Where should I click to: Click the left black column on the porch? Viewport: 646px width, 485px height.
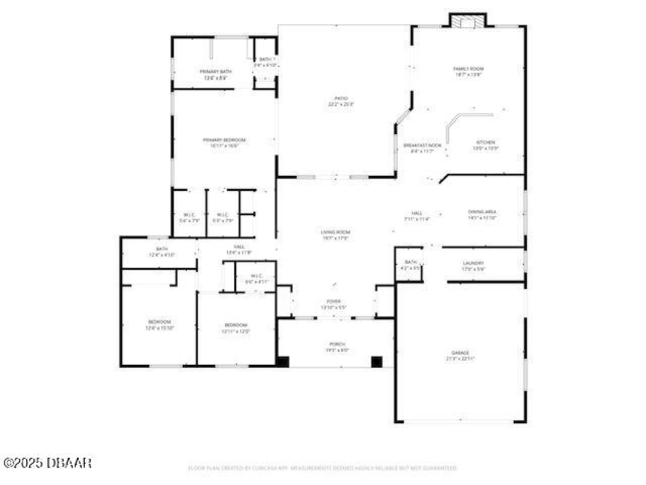coord(283,361)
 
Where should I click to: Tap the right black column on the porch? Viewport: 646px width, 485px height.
coord(376,361)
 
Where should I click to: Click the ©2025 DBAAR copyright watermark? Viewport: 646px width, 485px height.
coord(47,462)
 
